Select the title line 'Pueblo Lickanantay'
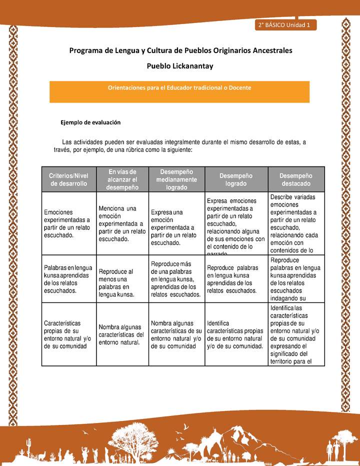point(180,65)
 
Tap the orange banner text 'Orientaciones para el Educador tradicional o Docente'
point(179,87)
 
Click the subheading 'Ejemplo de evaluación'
point(90,122)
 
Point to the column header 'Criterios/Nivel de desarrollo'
point(67,179)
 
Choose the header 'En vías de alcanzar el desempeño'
point(122,179)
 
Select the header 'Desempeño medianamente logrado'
point(176,179)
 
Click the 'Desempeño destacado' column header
point(296,179)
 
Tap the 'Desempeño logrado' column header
point(236,179)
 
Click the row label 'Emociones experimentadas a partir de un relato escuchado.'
point(67,223)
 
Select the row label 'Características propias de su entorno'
point(67,334)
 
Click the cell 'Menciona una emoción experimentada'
point(122,223)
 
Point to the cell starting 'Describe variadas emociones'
point(296,223)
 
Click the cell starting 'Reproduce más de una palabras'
point(176,278)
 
